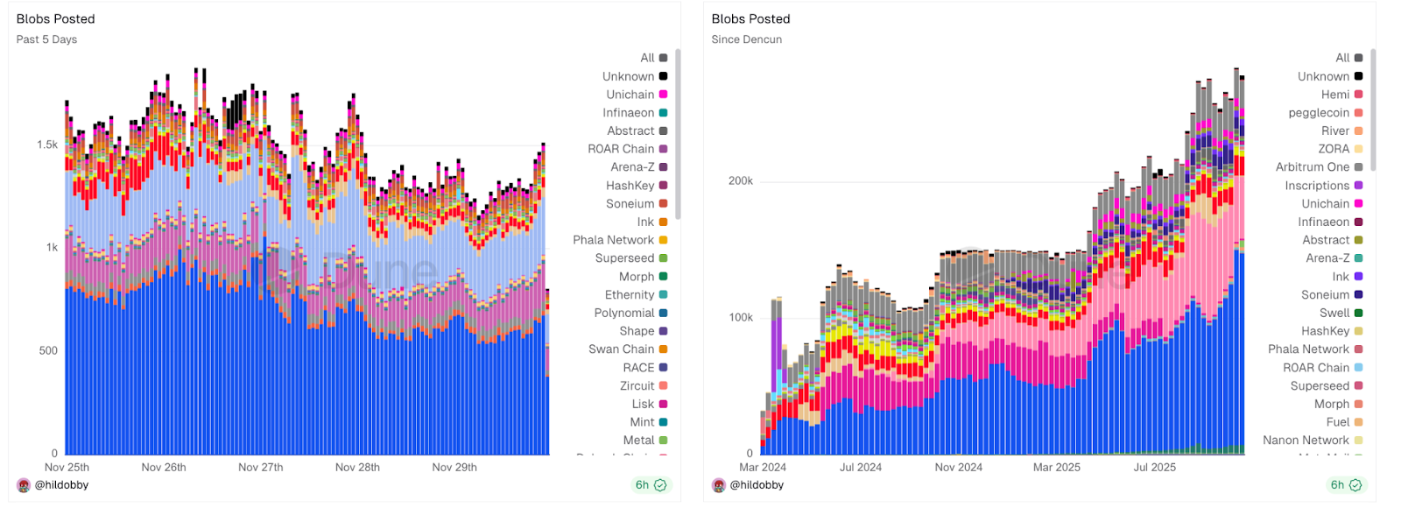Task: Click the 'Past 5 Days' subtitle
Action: [x=46, y=39]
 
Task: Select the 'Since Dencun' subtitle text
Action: [x=746, y=39]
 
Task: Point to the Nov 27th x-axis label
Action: [x=260, y=467]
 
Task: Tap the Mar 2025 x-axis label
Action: [x=1056, y=467]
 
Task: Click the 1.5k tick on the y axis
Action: [x=47, y=145]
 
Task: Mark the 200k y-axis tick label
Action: [x=741, y=181]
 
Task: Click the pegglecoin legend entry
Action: [x=1319, y=113]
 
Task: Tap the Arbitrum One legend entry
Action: [x=1313, y=167]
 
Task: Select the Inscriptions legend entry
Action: [x=1317, y=186]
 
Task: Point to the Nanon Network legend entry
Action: [x=1306, y=440]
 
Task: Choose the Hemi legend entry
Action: [x=1335, y=95]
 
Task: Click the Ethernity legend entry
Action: [x=630, y=294]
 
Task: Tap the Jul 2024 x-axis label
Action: [x=860, y=467]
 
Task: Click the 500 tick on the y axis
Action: [x=48, y=350]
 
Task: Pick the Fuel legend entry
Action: [x=1338, y=421]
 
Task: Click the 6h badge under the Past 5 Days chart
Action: [x=650, y=485]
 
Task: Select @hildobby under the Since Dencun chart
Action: [x=757, y=485]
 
